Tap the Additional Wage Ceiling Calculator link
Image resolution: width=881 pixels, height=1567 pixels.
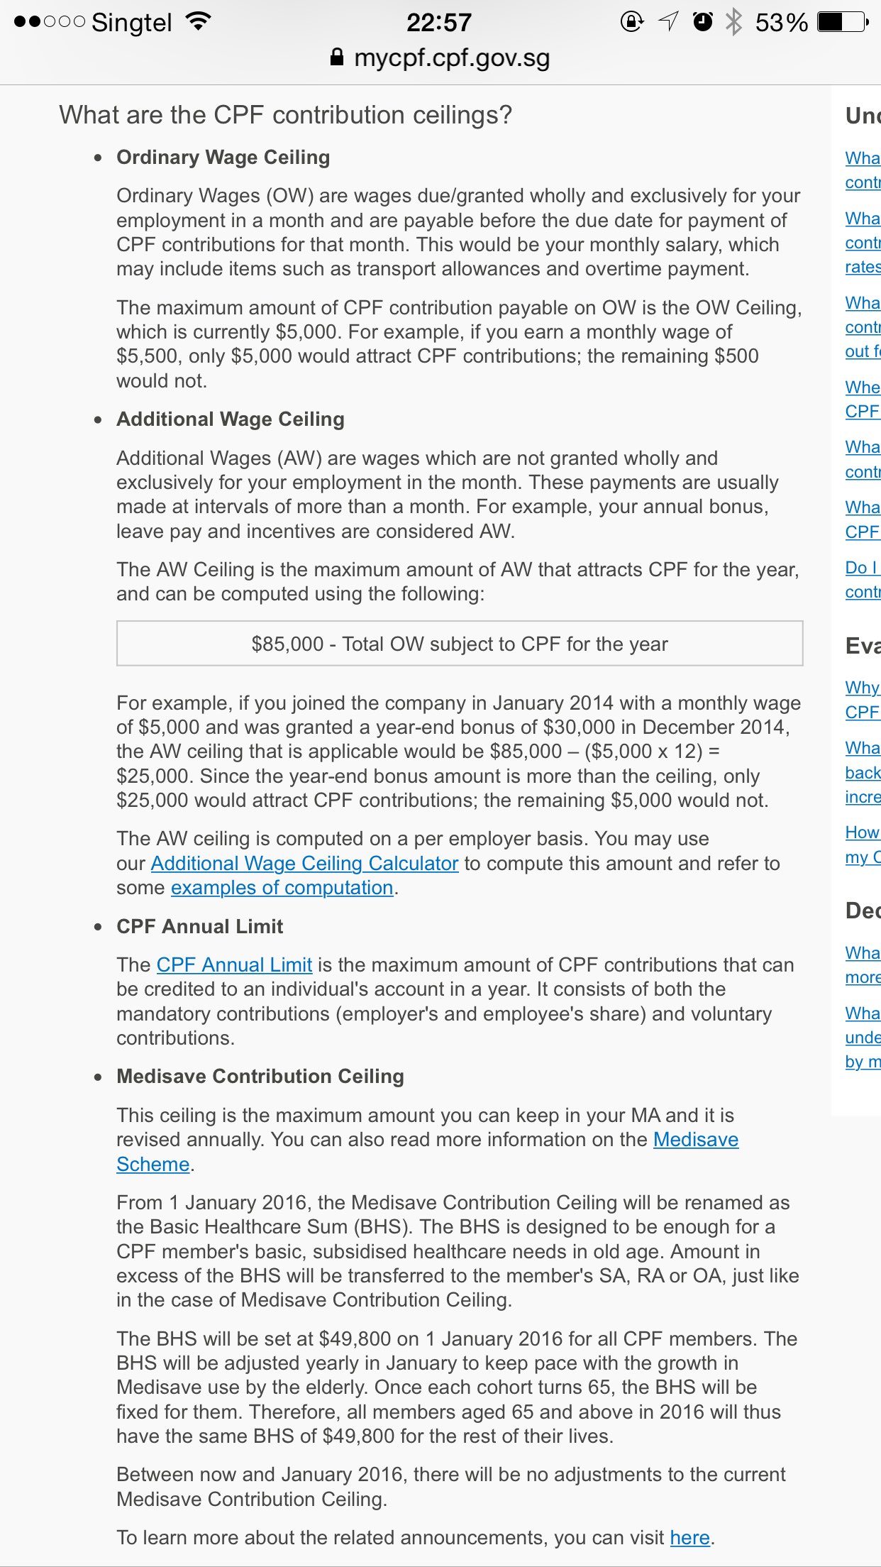coord(304,863)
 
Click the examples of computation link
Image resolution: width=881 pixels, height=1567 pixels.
coord(282,888)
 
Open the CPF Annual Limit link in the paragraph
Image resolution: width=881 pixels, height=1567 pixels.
coord(234,965)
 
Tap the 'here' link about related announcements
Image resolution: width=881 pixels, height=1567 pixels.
coord(689,1537)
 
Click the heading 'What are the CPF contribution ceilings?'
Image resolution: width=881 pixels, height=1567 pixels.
coord(285,115)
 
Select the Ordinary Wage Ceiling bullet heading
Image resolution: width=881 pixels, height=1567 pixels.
coord(223,158)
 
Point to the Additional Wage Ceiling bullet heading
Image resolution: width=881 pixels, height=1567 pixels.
coord(230,419)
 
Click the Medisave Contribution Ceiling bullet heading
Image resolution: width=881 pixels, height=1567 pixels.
coord(260,1077)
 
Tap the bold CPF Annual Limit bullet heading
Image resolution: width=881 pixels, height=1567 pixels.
coord(199,926)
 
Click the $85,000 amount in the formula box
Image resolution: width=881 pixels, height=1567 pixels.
coord(287,644)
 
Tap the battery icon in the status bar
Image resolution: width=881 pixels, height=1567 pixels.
coord(842,22)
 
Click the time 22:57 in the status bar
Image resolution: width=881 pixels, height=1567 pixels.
coord(438,23)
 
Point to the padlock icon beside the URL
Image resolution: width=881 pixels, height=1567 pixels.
coord(337,57)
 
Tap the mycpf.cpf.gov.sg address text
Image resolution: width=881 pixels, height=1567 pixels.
coord(452,57)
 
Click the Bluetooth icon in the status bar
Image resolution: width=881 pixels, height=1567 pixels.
coord(733,22)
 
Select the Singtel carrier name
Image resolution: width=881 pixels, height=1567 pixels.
coord(131,23)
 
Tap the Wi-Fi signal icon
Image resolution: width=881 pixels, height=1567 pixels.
coord(199,22)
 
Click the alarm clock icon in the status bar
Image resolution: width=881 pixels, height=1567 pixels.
coord(702,22)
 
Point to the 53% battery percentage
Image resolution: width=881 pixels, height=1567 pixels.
coord(781,23)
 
